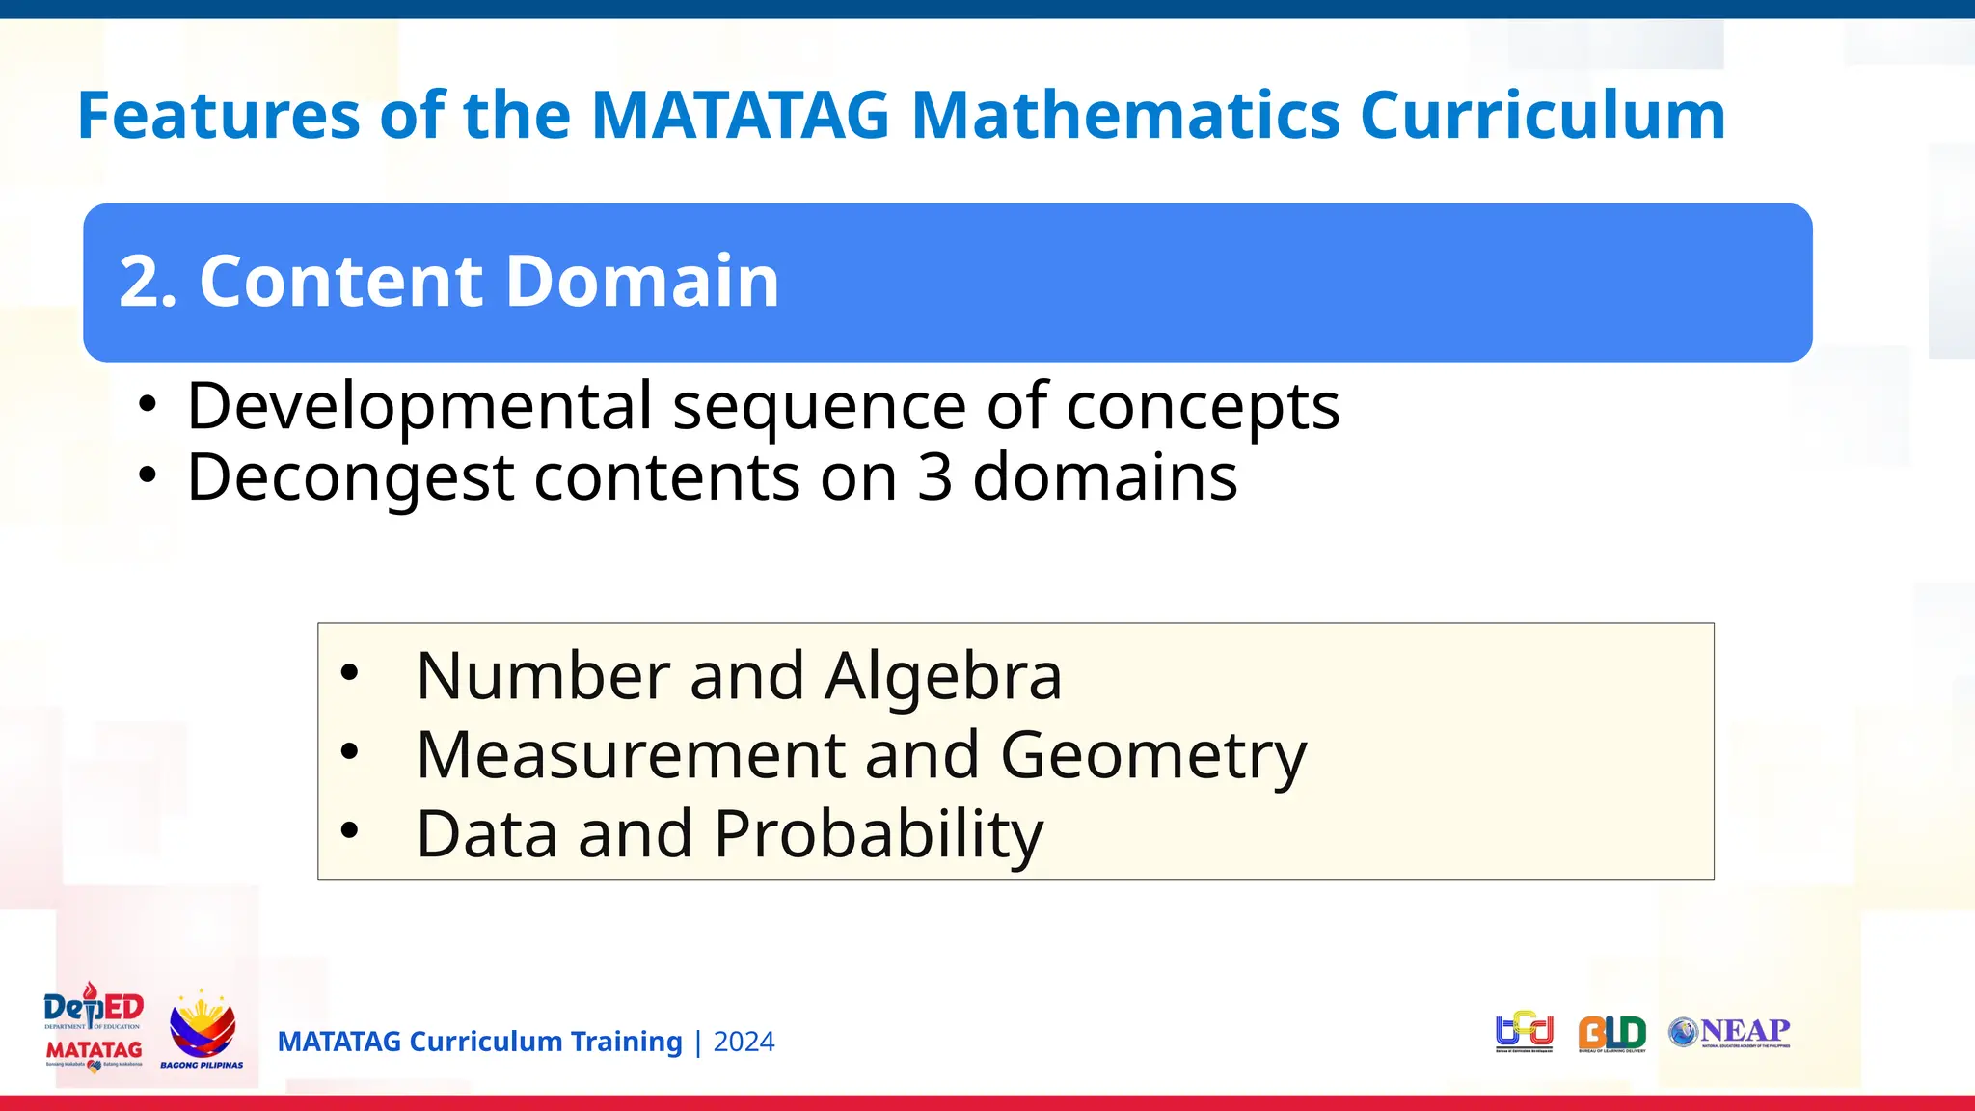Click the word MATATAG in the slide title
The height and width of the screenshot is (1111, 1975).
point(740,116)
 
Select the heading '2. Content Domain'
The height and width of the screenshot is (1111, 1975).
point(449,282)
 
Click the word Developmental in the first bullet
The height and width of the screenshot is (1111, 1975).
point(419,406)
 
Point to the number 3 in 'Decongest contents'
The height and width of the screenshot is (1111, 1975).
point(934,477)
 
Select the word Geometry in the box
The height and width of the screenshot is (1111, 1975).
point(1153,755)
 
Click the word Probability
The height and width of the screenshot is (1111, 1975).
point(878,834)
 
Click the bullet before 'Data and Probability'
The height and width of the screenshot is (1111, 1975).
point(350,830)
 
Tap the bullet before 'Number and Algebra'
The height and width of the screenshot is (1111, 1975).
point(350,673)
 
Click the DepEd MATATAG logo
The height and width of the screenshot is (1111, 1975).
point(94,1028)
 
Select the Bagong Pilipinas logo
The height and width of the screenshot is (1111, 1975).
point(202,1030)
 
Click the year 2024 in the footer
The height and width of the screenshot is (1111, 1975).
point(744,1043)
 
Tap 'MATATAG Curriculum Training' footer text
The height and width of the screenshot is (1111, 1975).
point(479,1043)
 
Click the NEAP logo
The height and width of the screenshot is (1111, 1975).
point(1729,1032)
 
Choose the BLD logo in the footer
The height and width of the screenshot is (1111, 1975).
point(1611,1033)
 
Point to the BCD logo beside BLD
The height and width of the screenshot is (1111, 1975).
point(1524,1031)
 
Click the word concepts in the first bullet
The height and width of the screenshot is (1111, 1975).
point(1203,406)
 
